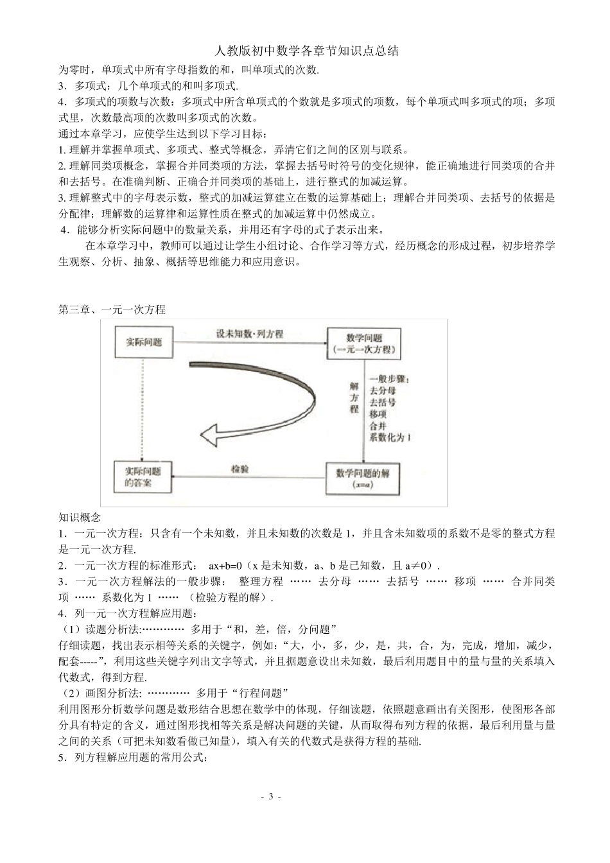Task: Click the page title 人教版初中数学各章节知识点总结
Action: (305, 51)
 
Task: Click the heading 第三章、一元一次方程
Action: (112, 309)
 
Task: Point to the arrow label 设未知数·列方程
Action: (249, 335)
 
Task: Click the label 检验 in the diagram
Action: (240, 469)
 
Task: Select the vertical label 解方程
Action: (353, 397)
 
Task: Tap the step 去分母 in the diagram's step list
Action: (383, 390)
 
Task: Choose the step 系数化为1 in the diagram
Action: (390, 437)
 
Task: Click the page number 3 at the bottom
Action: (270, 797)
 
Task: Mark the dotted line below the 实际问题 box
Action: (140, 408)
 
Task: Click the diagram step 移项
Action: (379, 414)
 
